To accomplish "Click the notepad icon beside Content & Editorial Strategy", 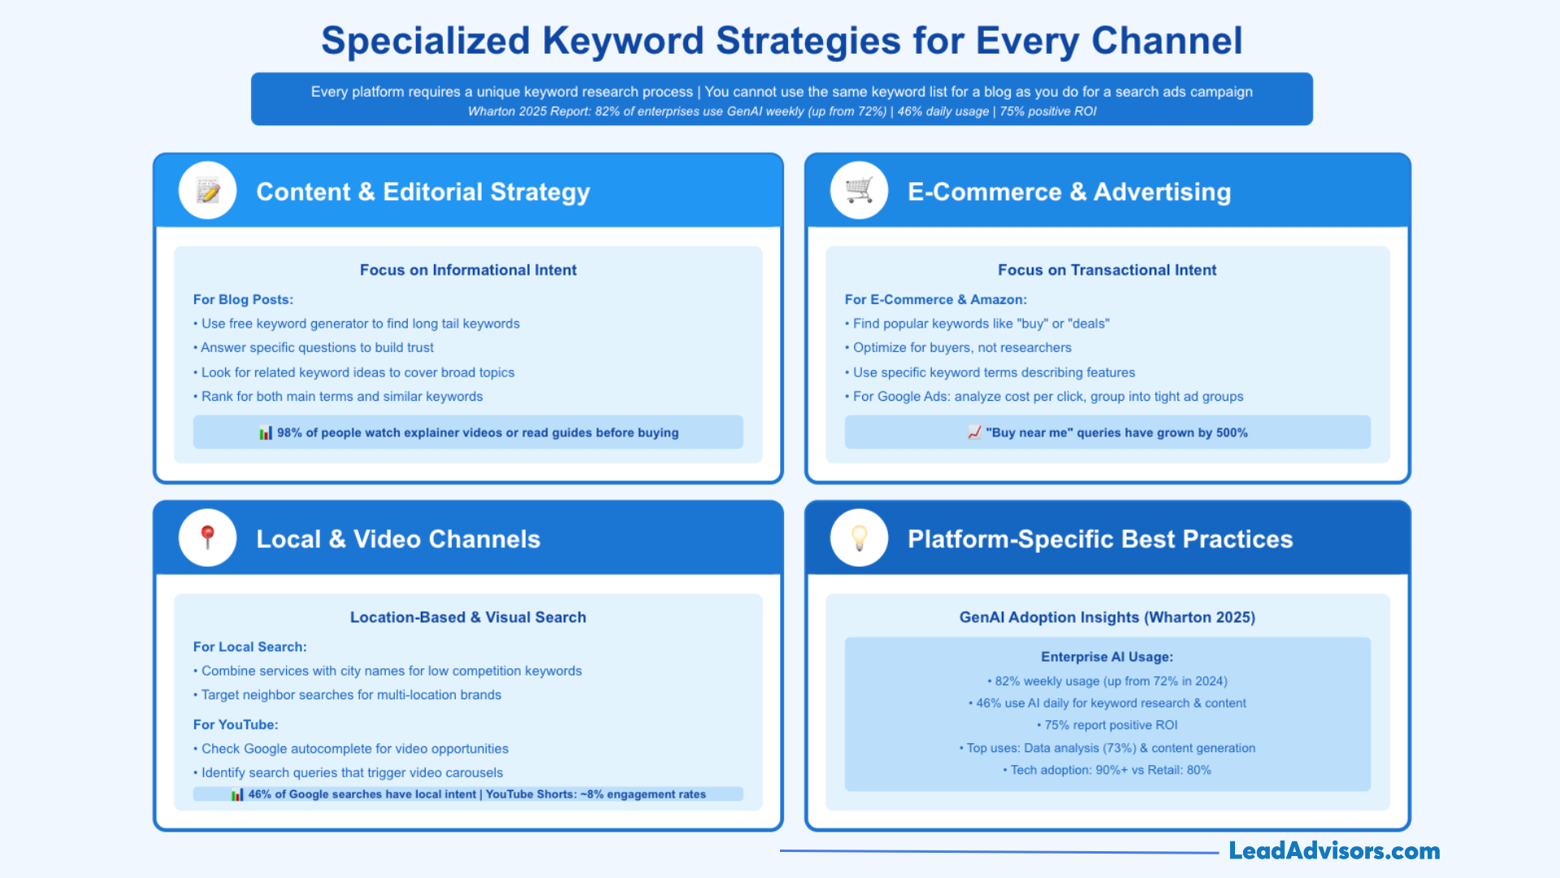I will point(208,191).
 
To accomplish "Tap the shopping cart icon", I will point(859,191).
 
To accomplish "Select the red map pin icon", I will point(208,537).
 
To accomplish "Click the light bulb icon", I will point(859,537).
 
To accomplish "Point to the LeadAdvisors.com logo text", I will point(1333,851).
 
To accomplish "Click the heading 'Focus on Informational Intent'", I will point(468,270).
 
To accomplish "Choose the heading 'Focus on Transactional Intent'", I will point(1107,270).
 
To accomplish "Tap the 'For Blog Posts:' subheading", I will point(243,299).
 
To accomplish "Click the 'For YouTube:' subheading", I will point(236,724).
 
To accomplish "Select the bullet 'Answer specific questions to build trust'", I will point(317,348).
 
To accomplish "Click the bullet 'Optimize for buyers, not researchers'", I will point(961,348).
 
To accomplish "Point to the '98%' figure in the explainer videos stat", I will point(289,432).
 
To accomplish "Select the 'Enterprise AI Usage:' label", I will point(1107,657).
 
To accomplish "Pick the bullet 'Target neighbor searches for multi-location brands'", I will point(351,695).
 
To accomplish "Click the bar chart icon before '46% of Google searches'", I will point(237,794).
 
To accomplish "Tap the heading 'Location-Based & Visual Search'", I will point(468,617).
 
